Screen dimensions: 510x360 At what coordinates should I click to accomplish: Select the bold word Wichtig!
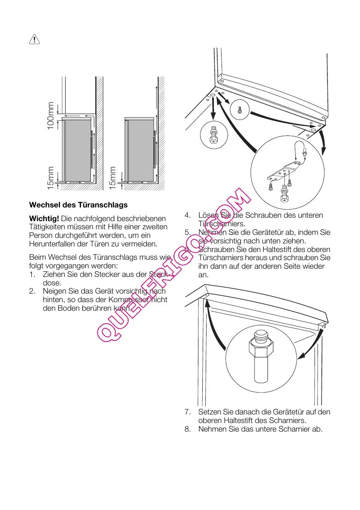(44, 219)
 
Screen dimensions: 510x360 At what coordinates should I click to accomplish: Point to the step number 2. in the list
(32, 291)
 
